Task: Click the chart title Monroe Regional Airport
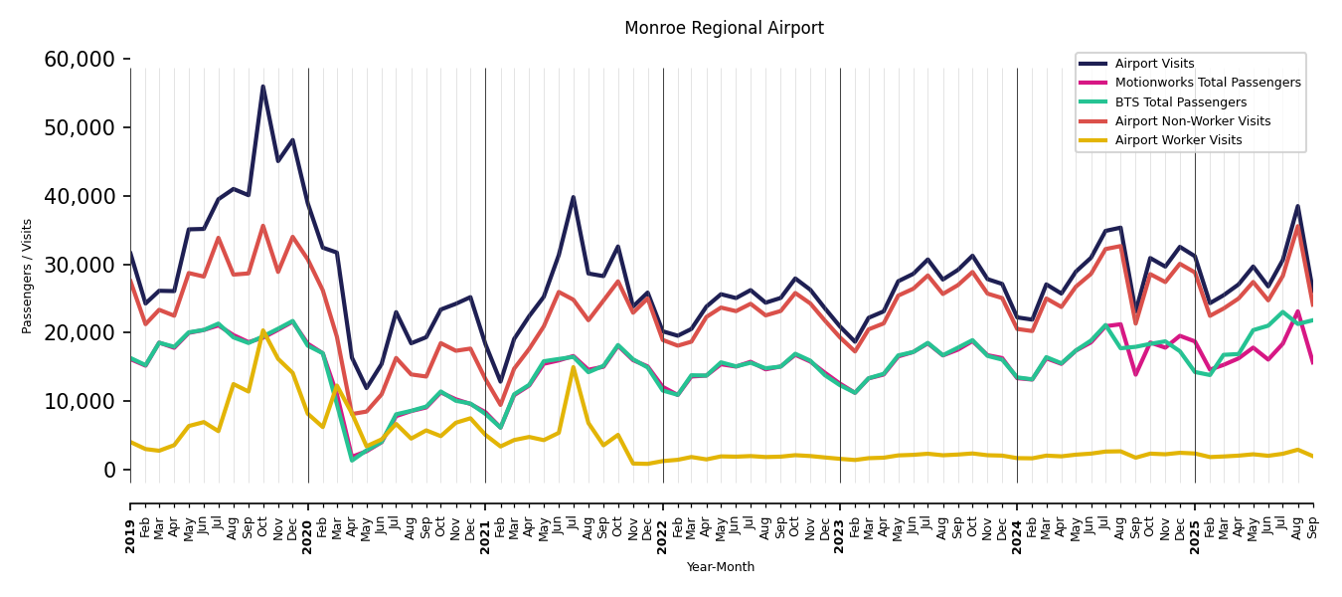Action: (x=724, y=29)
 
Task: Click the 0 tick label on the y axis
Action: (x=109, y=470)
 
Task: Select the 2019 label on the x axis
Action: (x=130, y=521)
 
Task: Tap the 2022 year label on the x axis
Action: (x=663, y=521)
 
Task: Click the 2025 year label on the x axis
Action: (x=1195, y=521)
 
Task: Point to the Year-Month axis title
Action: (x=721, y=567)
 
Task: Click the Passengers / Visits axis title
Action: (x=28, y=276)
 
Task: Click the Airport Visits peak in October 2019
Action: (x=263, y=86)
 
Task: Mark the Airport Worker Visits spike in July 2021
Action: (x=574, y=367)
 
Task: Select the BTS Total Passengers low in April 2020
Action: (x=352, y=460)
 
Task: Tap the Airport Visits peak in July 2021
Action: (x=574, y=197)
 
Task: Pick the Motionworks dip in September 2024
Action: (x=1135, y=374)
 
